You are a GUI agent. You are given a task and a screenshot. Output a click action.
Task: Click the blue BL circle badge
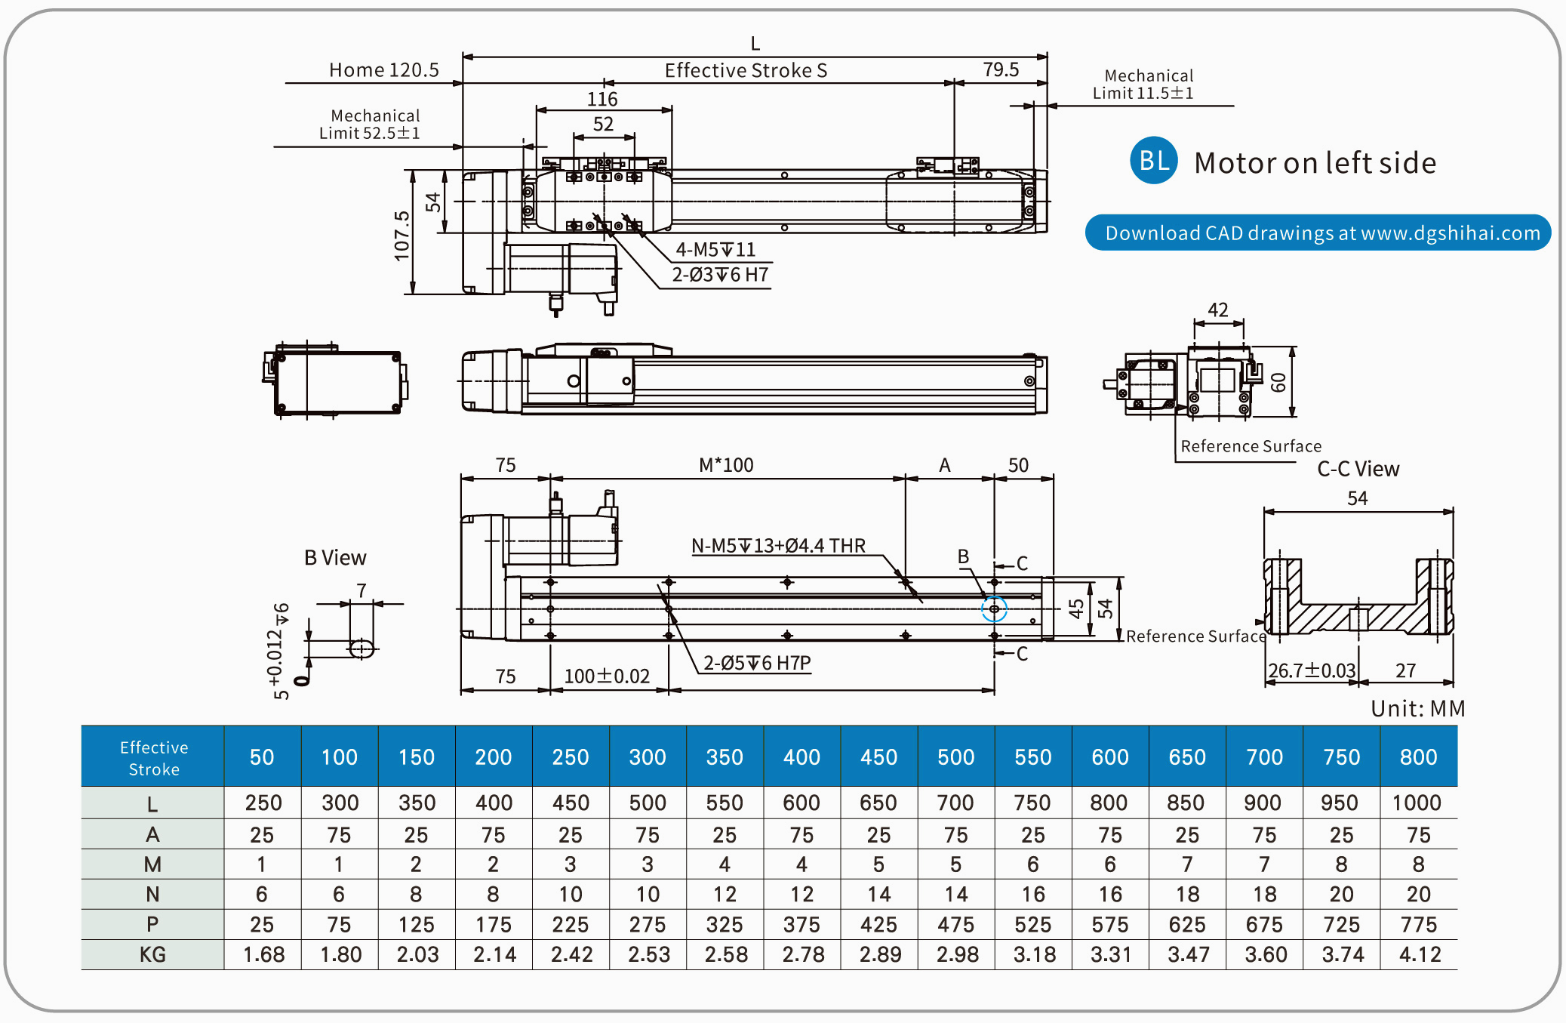tap(1153, 160)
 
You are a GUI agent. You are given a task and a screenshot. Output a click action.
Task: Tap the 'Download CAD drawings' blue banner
tap(1318, 233)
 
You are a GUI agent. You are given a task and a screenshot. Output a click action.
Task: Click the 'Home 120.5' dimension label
tap(383, 70)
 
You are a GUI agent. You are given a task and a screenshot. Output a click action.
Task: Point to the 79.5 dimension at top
tap(1001, 69)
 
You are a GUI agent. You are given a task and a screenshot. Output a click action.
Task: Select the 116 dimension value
tap(602, 99)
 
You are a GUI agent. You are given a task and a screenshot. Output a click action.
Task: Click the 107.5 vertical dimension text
tap(401, 236)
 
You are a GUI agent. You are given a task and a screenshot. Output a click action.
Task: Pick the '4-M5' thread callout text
tap(715, 249)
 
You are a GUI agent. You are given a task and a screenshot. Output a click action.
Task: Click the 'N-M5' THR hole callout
tap(778, 545)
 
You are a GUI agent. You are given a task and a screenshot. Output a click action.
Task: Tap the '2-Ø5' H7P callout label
tap(757, 663)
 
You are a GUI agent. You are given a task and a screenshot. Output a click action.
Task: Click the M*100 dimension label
tap(726, 465)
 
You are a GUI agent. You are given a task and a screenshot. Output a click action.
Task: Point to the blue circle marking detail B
tap(994, 609)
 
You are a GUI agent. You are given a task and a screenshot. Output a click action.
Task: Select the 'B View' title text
tap(335, 557)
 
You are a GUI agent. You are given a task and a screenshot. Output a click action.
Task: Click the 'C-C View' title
tap(1358, 469)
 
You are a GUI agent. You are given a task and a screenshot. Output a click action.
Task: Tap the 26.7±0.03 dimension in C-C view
tap(1312, 670)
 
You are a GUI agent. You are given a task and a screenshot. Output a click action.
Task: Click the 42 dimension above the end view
tap(1217, 310)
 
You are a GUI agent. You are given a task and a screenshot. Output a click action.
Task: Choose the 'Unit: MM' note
tap(1417, 708)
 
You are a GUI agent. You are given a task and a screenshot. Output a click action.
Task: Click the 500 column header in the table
tap(955, 756)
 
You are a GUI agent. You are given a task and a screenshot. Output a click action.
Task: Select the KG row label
tap(152, 954)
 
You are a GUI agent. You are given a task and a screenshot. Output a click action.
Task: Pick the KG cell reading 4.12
tap(1420, 954)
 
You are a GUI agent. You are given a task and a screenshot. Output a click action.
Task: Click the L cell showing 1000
tap(1417, 803)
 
